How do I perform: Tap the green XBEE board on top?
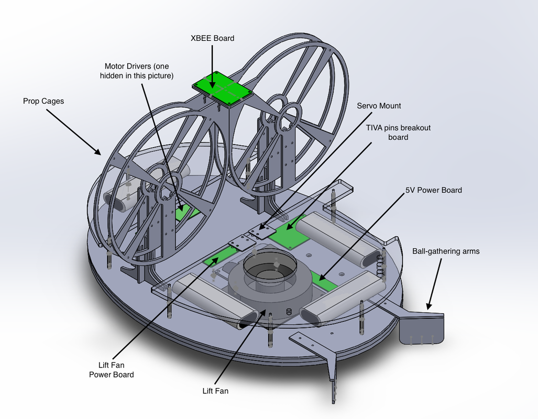pyautogui.click(x=223, y=87)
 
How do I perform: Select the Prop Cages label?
pyautogui.click(x=43, y=101)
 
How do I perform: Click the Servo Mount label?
pyautogui.click(x=379, y=106)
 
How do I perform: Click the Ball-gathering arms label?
pyautogui.click(x=446, y=251)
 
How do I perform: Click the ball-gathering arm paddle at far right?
pyautogui.click(x=421, y=329)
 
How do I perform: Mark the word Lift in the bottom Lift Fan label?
pyautogui.click(x=209, y=391)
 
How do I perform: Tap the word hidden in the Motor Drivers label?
pyautogui.click(x=112, y=75)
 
